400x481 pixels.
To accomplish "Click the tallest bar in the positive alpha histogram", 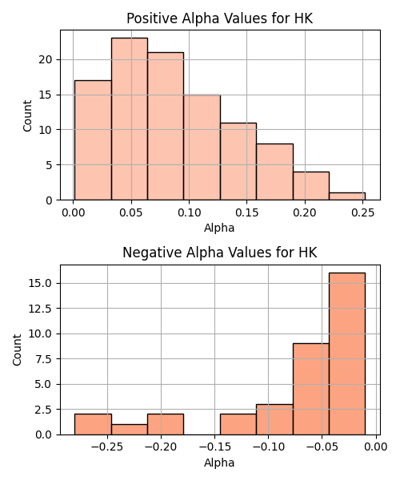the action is point(130,119).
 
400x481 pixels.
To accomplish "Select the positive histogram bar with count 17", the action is point(93,140).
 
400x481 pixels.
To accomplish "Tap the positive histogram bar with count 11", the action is point(238,161).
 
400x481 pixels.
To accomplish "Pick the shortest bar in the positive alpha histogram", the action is point(347,196).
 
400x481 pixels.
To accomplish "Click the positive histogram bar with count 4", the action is point(311,186).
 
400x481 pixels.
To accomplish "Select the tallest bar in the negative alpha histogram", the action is point(347,354).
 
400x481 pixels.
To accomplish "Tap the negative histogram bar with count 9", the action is point(311,389).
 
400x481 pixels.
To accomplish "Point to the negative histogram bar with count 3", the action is point(275,419).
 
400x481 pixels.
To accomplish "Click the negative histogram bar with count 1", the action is point(130,430).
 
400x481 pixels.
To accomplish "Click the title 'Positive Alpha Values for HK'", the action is point(220,18).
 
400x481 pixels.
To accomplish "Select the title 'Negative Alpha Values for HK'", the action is point(220,253).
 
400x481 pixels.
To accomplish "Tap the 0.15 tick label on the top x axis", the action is point(246,212).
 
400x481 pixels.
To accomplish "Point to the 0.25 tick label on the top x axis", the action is point(362,212).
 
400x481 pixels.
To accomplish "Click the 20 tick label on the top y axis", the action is point(46,59).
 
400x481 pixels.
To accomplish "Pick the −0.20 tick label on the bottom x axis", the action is point(161,447).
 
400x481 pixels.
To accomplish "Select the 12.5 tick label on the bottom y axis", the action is point(40,309).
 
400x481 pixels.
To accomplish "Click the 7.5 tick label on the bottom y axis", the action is point(43,359).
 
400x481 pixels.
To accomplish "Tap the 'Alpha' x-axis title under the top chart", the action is point(219,228).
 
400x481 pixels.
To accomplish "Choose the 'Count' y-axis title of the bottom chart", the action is point(18,350).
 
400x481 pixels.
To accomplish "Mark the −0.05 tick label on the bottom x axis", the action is point(322,447).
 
